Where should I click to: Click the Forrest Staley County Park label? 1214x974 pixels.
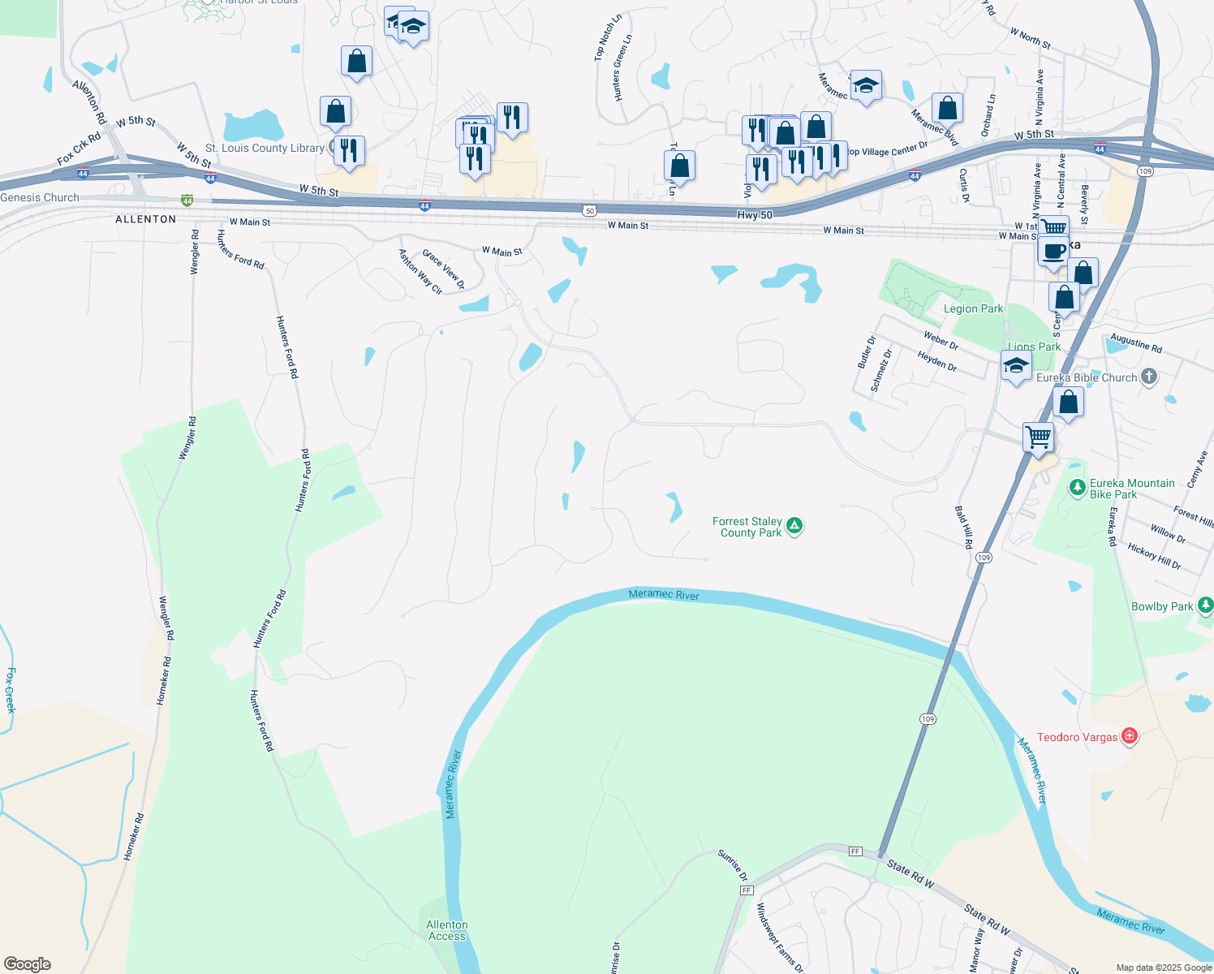[747, 528]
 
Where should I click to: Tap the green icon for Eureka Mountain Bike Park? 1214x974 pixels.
[1077, 487]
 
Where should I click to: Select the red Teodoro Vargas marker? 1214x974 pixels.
[1129, 736]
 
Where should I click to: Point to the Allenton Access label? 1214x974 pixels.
[447, 930]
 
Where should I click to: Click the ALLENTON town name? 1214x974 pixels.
[146, 219]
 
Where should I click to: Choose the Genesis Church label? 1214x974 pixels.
[40, 197]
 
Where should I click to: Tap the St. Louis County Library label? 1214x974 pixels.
[265, 148]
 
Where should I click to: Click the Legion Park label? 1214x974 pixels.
[973, 308]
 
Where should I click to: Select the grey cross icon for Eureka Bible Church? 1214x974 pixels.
[1148, 376]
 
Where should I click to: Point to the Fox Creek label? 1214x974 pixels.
[11, 690]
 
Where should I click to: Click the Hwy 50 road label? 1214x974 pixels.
[755, 215]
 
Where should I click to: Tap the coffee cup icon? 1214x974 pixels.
[1053, 251]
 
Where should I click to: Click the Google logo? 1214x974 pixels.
[27, 963]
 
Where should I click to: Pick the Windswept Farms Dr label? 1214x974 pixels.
[779, 937]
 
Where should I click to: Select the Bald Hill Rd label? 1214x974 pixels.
[963, 527]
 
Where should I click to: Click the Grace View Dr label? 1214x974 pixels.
[443, 269]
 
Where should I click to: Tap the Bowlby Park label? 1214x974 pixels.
[1162, 606]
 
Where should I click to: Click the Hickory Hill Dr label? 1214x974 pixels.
[1154, 556]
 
